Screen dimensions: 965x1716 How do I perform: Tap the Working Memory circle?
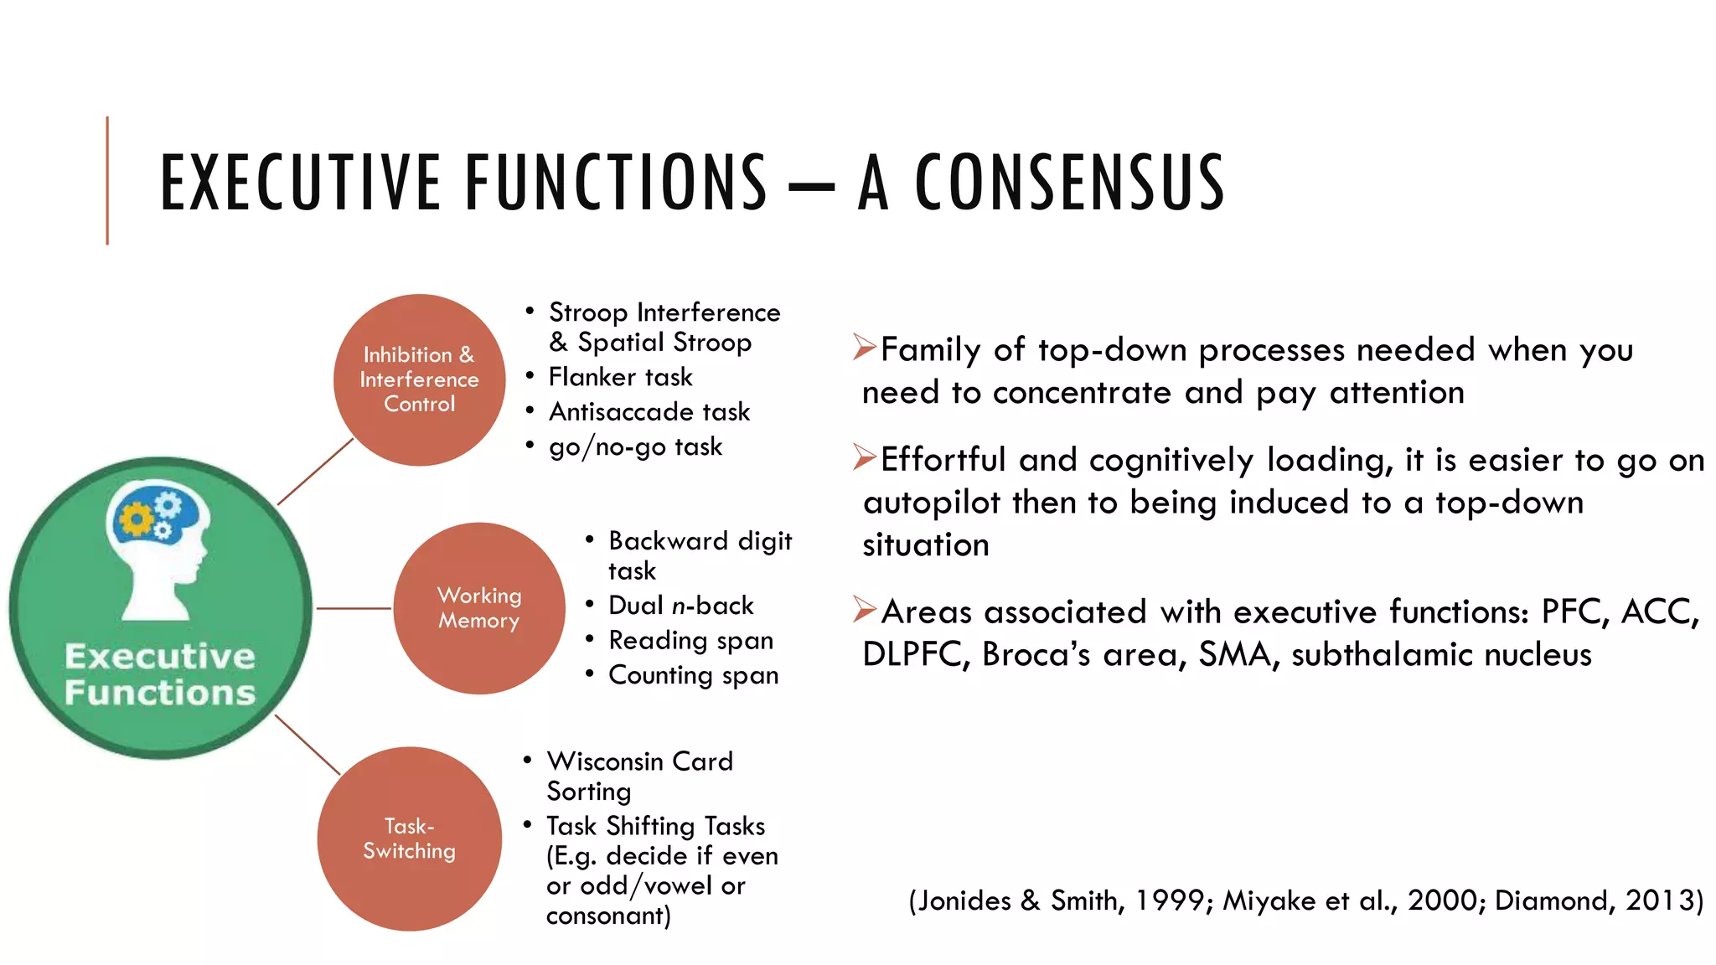(479, 608)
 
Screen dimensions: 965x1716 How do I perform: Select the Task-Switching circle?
(410, 839)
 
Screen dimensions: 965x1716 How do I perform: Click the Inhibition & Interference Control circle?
(419, 379)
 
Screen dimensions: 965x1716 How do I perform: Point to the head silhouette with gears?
(160, 549)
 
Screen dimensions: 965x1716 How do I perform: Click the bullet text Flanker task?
(620, 377)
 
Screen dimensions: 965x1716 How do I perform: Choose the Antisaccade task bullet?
(649, 412)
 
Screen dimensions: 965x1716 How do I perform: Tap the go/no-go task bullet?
(635, 446)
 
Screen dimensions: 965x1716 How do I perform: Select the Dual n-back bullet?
(680, 605)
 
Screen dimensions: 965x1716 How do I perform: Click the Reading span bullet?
(690, 640)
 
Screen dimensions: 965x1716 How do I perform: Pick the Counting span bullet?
(693, 675)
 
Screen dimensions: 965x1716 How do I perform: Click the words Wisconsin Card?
(639, 761)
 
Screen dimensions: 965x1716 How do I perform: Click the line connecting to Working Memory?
(353, 608)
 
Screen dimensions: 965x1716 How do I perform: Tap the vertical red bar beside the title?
(107, 180)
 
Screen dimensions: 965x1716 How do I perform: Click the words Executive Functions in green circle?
(160, 674)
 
